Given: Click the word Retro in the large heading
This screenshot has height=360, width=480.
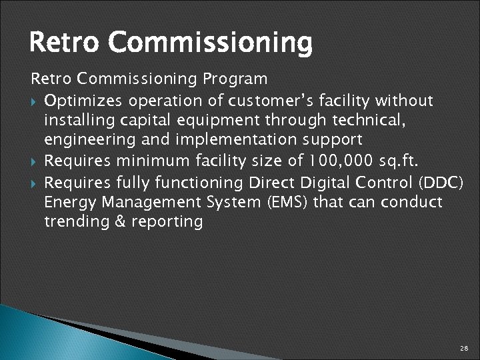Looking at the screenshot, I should click(65, 43).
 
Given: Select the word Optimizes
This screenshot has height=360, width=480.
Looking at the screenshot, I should click(83, 101).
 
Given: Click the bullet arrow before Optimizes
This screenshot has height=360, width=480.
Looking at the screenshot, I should click(35, 101).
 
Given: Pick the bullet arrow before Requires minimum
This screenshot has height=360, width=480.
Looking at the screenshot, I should click(35, 161).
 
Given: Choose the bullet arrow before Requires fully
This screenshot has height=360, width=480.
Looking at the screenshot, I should click(35, 181).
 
